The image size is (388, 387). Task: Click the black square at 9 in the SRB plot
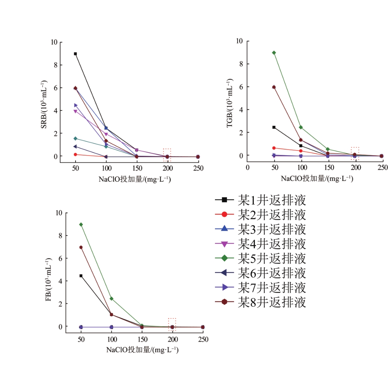[75, 54]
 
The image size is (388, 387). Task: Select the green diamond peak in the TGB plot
[274, 53]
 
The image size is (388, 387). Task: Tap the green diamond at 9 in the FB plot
[81, 225]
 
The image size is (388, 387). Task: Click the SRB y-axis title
[44, 104]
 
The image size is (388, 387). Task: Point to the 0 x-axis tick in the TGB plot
[247, 168]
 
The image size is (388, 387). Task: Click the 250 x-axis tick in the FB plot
[203, 340]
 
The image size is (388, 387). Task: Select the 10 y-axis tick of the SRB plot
[54, 42]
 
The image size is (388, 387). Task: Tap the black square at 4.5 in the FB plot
[81, 276]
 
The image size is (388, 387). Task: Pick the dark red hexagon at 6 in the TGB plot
[274, 87]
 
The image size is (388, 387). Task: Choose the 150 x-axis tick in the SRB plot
[136, 168]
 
